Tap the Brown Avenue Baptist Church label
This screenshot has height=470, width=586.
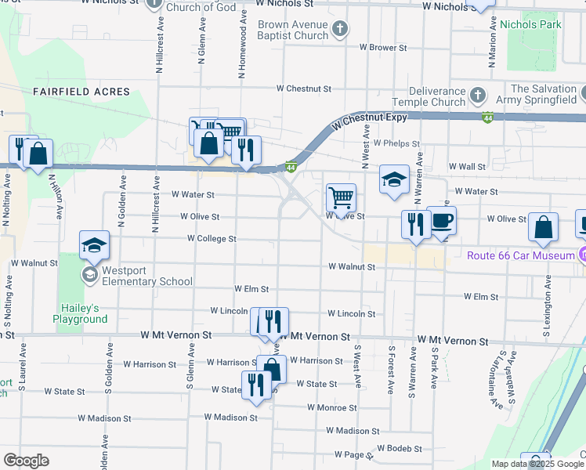(289, 30)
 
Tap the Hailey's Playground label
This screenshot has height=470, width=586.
(80, 313)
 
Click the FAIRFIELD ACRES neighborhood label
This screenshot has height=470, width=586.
(81, 92)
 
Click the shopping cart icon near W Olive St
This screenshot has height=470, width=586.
(341, 197)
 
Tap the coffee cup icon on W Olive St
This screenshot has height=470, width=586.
(442, 220)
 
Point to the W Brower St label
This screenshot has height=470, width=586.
(384, 48)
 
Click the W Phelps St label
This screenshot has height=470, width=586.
(396, 144)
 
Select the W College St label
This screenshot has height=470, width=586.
(212, 239)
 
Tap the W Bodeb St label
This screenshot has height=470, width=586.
(399, 449)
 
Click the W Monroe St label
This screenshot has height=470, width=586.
(332, 408)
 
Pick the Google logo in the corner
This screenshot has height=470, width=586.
(26, 461)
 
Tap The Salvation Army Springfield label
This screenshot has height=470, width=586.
(544, 96)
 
